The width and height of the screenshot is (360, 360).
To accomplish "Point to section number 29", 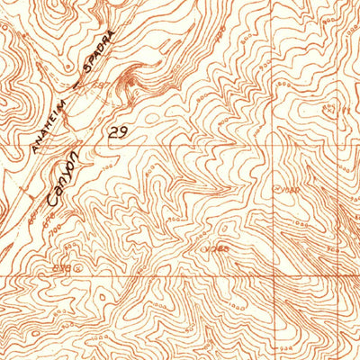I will (117, 132).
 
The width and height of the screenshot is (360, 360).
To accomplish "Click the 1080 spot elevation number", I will (288, 189).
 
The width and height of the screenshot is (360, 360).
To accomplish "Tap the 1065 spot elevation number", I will (219, 247).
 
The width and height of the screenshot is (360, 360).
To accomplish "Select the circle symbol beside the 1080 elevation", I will (275, 188).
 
